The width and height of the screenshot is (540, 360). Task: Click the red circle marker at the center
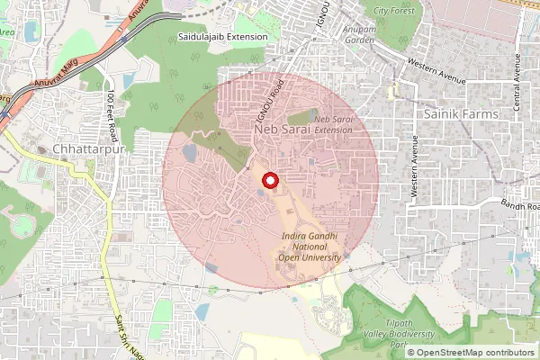point(270,181)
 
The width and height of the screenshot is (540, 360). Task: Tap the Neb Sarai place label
point(283,130)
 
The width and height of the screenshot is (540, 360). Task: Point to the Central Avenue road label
point(517,82)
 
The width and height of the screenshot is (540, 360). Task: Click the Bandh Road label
point(520,206)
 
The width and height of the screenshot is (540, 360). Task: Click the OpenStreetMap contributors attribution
point(475,352)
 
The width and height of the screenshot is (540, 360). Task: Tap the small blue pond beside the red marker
point(260,191)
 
